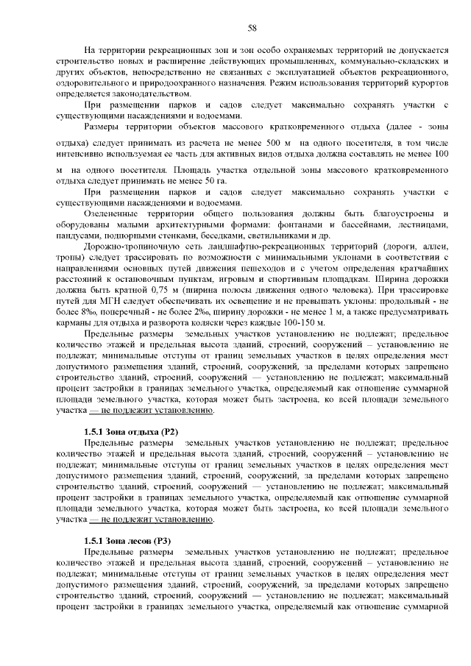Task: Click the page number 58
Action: pyautogui.click(x=252, y=27)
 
